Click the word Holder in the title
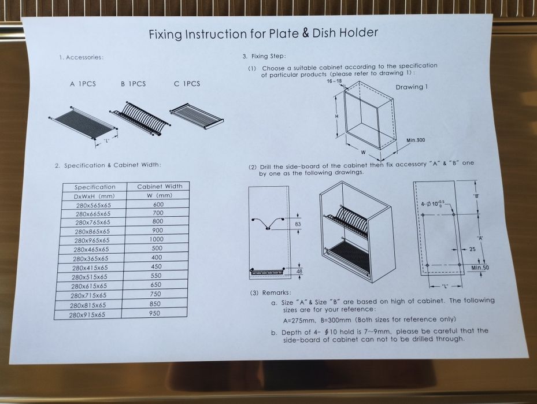(358, 32)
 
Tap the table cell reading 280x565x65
(94, 205)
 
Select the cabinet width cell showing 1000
(157, 239)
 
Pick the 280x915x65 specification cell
(87, 314)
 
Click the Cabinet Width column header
(160, 187)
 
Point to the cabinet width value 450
(156, 266)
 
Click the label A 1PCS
(83, 84)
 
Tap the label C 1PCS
(187, 84)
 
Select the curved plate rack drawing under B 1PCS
(140, 118)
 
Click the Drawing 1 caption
(412, 87)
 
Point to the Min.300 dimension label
(416, 140)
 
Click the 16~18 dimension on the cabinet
(334, 81)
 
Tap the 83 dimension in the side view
(298, 224)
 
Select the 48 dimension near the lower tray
(299, 272)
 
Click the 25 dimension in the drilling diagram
(472, 249)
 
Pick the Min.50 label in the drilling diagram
(480, 268)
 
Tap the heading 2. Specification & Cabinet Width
(108, 165)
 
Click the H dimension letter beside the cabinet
(336, 116)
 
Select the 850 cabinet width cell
(155, 303)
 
